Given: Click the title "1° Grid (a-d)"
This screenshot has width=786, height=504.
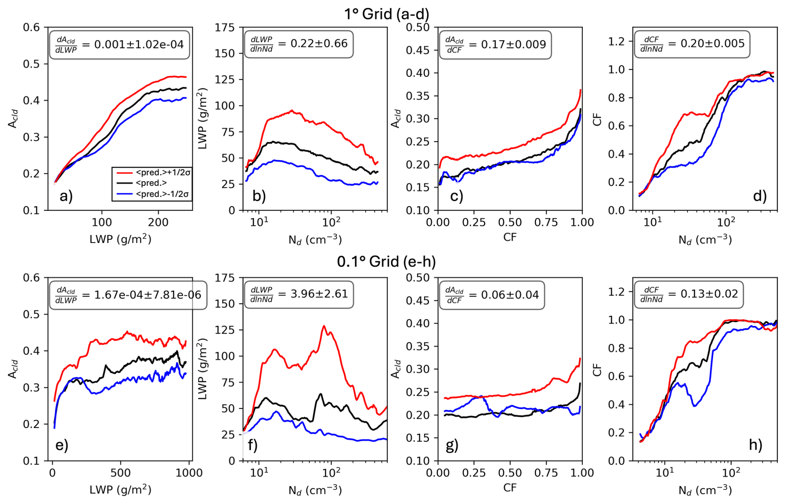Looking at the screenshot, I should click(x=386, y=14).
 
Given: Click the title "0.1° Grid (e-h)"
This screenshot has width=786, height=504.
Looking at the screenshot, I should click(x=386, y=261).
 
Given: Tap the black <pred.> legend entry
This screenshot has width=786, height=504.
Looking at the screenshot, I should click(x=151, y=183).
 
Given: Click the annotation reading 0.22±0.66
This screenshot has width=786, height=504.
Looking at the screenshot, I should click(x=299, y=44).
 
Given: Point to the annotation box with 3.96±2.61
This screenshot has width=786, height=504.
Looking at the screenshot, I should click(x=299, y=294).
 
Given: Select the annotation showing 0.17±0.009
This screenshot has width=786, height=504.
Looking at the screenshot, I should click(x=495, y=44).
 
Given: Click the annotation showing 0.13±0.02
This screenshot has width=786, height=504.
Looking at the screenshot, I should click(x=689, y=294).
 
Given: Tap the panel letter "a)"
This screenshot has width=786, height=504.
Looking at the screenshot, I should click(x=66, y=196).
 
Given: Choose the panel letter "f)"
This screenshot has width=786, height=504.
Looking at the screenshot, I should click(x=253, y=445).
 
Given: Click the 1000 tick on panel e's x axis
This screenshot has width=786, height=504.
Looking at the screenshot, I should click(x=189, y=473).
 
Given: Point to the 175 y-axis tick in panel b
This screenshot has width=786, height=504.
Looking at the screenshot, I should click(x=225, y=28).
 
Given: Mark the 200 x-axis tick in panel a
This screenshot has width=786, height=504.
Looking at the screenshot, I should click(x=158, y=222).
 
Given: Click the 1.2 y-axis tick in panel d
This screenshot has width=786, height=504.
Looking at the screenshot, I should click(x=616, y=41).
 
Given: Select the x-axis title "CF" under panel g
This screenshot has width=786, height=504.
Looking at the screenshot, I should click(x=510, y=487).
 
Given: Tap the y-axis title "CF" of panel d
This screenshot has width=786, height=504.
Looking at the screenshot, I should click(x=597, y=119).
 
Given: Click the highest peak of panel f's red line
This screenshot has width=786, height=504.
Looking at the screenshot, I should click(x=324, y=326).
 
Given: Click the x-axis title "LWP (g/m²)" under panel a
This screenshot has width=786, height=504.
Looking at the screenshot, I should click(x=120, y=239).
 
